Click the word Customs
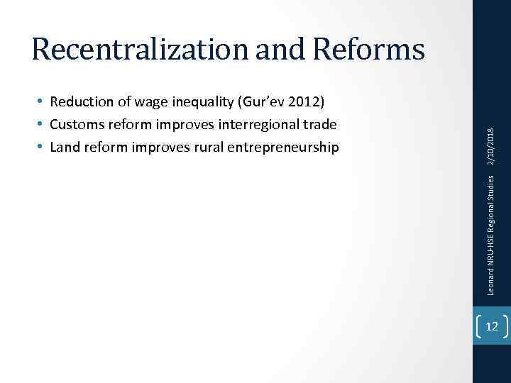click(77, 125)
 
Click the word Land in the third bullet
click(64, 147)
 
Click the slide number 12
click(492, 326)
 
